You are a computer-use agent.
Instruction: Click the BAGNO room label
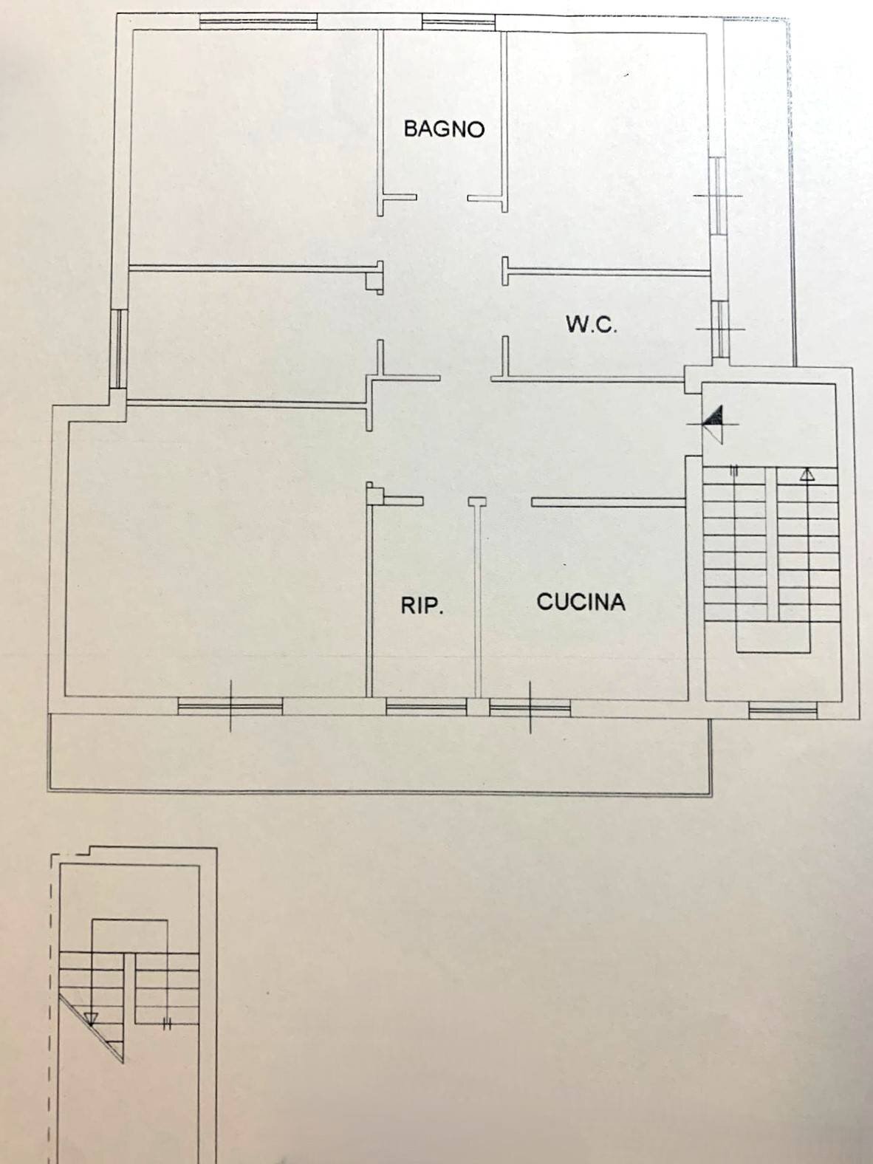444,129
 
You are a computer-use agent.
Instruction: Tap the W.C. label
591,324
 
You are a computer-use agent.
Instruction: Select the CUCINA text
581,602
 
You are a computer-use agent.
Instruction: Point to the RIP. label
422,606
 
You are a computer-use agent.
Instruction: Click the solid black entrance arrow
713,420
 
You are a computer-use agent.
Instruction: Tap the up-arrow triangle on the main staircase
807,475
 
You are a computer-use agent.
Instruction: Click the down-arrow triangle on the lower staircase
91,1019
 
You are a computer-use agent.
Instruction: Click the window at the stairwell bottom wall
783,711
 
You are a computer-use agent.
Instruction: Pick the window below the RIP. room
426,708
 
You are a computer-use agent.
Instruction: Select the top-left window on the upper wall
258,21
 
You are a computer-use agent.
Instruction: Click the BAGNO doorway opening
442,198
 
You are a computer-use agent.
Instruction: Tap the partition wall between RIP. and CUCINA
478,598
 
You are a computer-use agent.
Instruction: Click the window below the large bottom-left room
230,707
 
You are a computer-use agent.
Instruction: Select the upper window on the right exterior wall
716,195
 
